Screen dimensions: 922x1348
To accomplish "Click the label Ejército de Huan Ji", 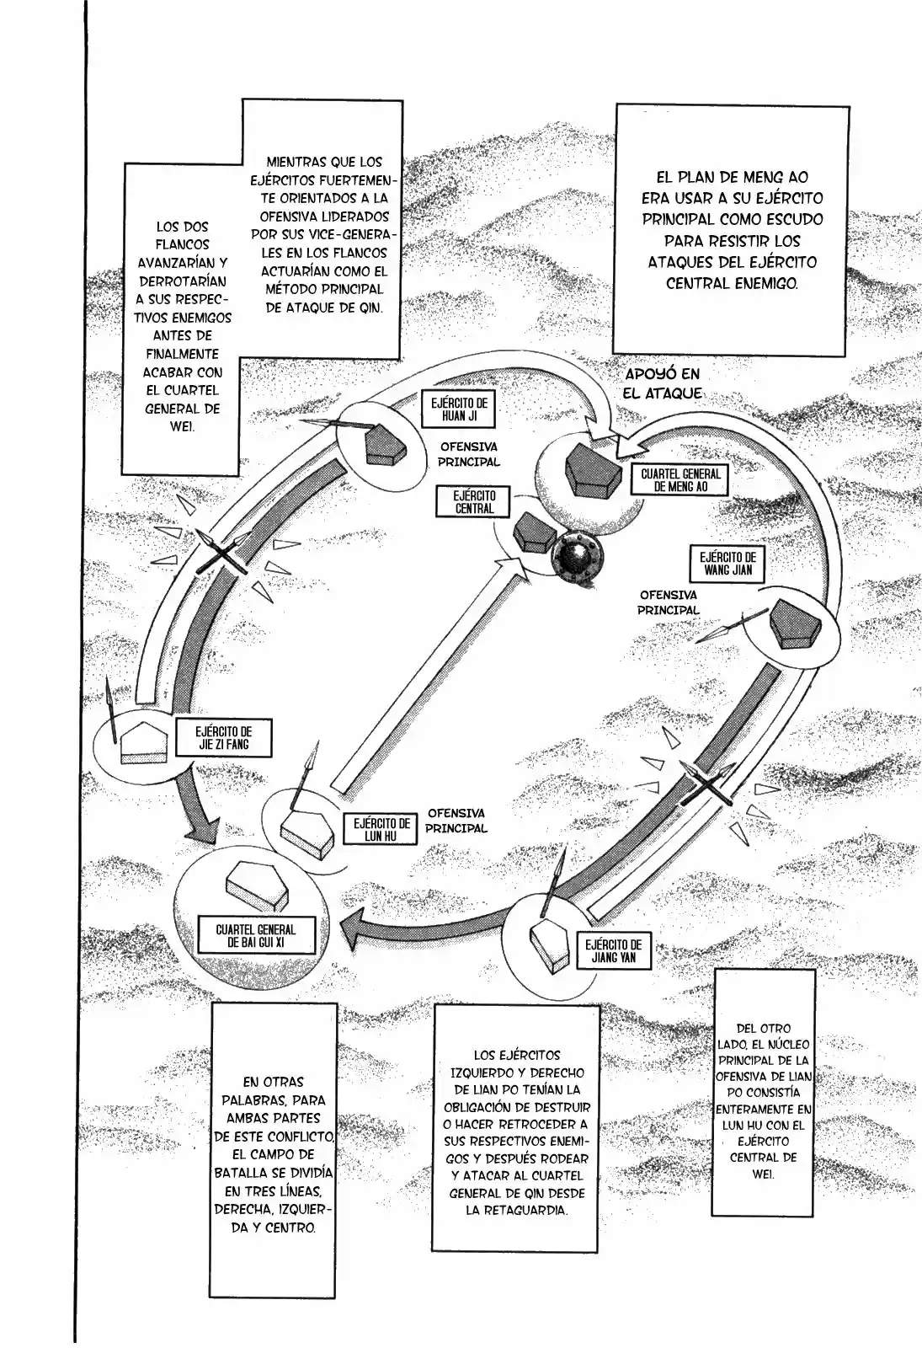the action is [459, 409].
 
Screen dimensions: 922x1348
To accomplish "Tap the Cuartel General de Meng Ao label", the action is [680, 480].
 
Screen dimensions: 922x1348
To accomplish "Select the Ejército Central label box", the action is [475, 502].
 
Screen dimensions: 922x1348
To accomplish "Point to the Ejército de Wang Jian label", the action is [727, 564].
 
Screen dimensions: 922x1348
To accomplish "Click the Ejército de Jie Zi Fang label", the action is [223, 738].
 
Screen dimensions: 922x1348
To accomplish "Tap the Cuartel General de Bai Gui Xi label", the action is [256, 936].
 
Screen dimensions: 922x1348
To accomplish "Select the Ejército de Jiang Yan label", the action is [614, 951].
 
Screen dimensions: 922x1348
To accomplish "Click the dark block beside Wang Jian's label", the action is [795, 624].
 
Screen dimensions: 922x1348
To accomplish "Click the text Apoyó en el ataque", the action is [664, 383].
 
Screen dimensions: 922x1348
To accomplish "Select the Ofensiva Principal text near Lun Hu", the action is [456, 821].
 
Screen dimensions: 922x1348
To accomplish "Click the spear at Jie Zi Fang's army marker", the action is [111, 710].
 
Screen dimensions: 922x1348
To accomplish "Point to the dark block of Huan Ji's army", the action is [386, 444].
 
